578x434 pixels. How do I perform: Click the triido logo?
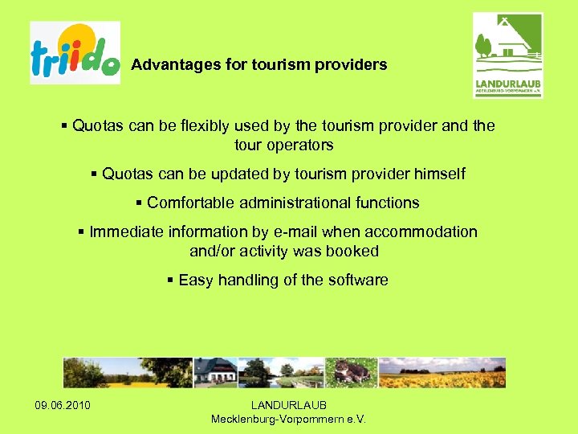[x=75, y=53]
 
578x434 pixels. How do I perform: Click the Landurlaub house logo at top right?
[x=507, y=55]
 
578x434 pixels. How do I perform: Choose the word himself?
[x=439, y=174]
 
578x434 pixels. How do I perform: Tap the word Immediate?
[x=124, y=232]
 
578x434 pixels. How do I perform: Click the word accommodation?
[x=421, y=232]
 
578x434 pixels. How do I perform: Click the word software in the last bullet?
[x=358, y=280]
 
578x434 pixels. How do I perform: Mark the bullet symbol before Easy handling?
[x=170, y=280]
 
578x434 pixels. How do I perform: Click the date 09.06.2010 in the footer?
[x=63, y=404]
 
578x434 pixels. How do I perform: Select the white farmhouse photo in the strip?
[x=215, y=373]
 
